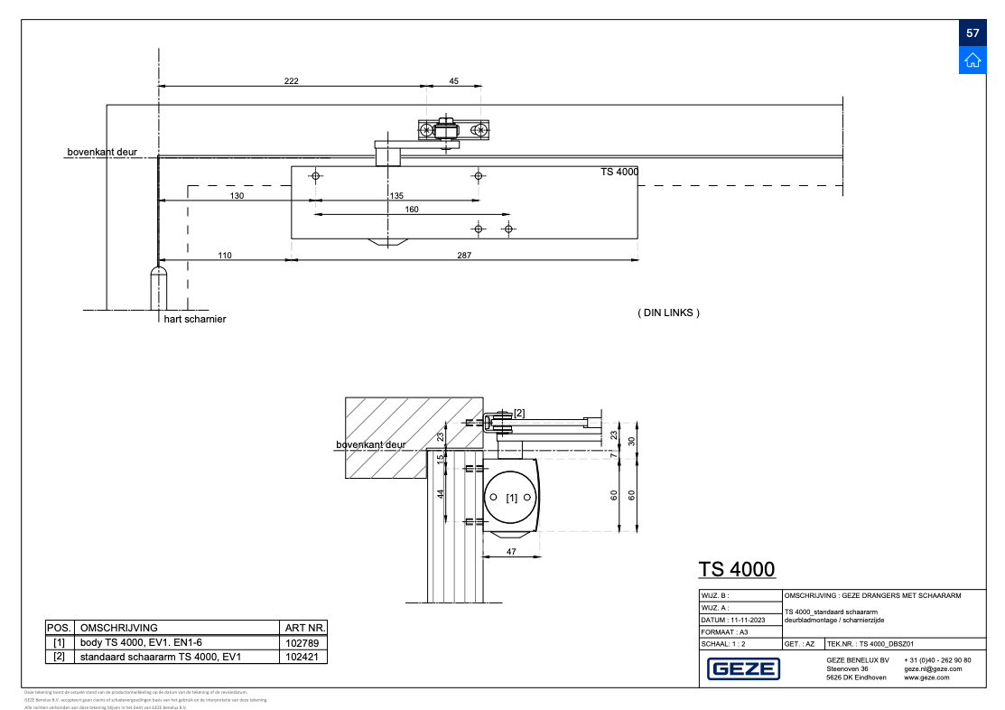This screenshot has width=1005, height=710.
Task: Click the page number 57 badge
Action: click(972, 33)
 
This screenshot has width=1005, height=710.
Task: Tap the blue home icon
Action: click(972, 61)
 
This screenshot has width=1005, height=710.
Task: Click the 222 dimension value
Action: click(291, 81)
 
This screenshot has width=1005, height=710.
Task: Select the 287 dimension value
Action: click(464, 256)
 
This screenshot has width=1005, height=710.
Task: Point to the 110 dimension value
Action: click(224, 256)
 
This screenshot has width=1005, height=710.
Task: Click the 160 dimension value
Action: click(411, 210)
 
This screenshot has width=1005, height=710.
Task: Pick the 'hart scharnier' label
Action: click(195, 320)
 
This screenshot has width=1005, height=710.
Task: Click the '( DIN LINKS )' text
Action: click(668, 313)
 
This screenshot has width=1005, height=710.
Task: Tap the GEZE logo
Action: click(743, 669)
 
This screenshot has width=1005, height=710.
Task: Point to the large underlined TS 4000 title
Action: click(736, 569)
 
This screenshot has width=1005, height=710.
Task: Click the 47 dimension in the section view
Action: click(511, 550)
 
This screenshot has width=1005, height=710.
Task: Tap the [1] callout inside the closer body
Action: click(512, 498)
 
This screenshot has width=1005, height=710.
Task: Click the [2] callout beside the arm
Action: click(518, 414)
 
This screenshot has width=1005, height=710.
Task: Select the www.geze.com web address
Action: click(926, 677)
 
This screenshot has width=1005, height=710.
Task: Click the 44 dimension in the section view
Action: click(442, 493)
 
